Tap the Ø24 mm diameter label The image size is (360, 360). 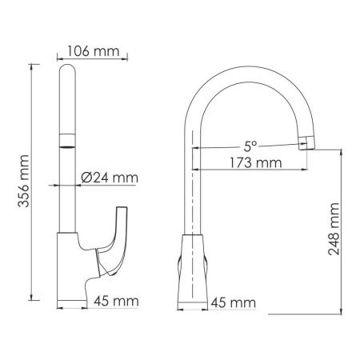click(x=110, y=177)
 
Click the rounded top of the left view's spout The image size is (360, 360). click(x=69, y=76)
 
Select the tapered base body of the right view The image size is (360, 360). click(x=194, y=264)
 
